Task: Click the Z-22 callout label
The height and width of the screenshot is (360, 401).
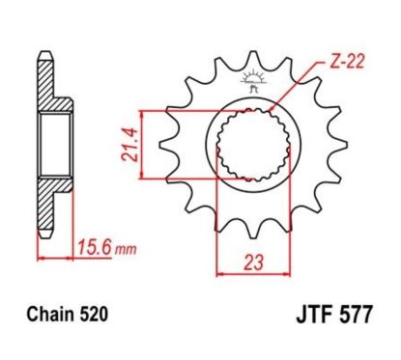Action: point(332,61)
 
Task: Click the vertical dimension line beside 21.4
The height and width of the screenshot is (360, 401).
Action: point(141,142)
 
